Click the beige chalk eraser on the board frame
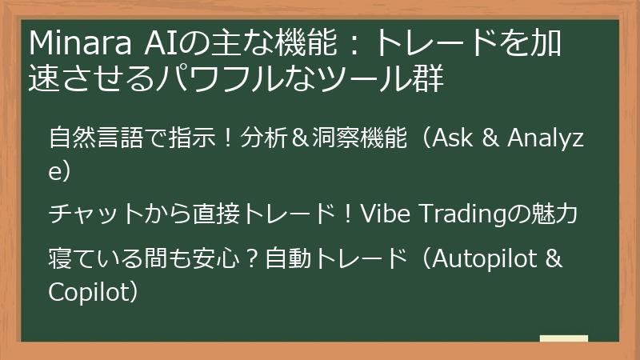pyautogui.click(x=564, y=339)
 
